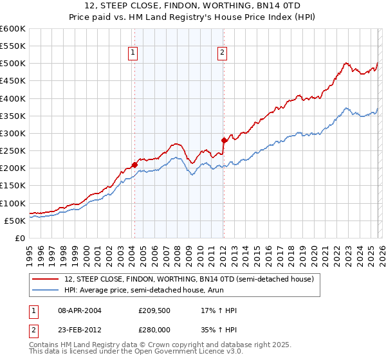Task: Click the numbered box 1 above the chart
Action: click(133, 53)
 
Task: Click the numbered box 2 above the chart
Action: click(222, 53)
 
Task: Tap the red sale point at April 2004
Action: click(134, 165)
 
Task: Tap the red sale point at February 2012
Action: click(224, 140)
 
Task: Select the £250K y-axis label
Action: click(12, 150)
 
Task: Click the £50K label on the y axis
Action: click(15, 221)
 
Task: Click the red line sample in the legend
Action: click(46, 280)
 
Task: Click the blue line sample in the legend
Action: click(46, 291)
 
